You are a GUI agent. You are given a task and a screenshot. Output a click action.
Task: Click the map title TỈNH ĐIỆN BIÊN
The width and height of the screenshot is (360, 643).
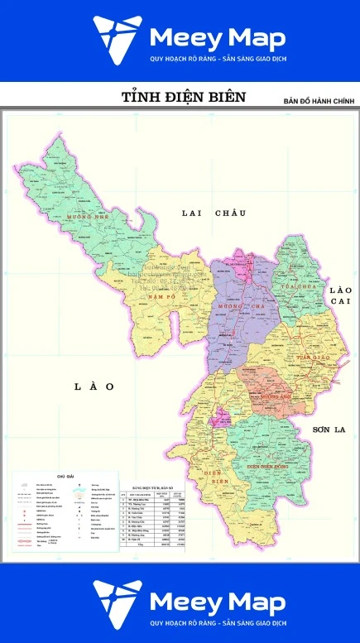coord(184,97)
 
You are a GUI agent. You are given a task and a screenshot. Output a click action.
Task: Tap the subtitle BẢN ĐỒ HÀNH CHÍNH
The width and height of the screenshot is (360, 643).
coord(319,101)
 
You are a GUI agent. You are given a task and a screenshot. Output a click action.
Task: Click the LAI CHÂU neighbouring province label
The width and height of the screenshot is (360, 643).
coord(214,214)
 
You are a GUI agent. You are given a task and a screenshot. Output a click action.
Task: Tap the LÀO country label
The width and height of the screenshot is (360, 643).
coord(93,386)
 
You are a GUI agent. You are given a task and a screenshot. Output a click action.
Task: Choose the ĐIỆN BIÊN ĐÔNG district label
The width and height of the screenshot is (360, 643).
coord(272,466)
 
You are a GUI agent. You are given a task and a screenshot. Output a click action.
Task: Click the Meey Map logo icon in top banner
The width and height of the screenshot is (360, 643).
coord(115,41)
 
